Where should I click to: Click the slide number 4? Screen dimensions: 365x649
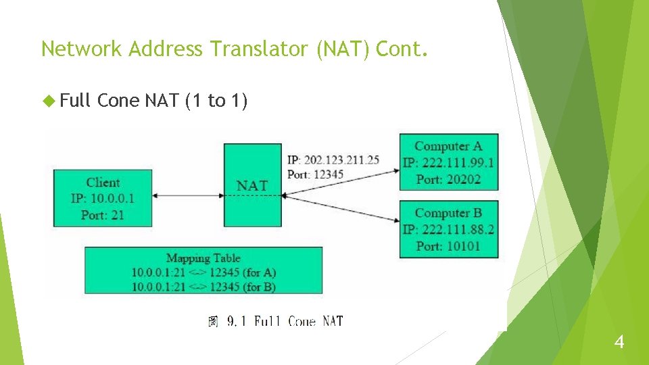(619, 343)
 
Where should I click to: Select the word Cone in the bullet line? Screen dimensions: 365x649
(118, 101)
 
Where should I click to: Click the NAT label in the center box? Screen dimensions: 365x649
(252, 185)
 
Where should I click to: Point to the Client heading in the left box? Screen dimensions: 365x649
(103, 182)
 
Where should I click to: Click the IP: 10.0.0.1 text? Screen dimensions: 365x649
(103, 199)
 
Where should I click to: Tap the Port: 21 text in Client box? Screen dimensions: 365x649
(103, 215)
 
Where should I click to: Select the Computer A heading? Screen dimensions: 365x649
(448, 146)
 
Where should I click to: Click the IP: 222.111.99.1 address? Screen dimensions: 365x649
(448, 163)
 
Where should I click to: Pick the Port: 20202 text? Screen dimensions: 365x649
(448, 179)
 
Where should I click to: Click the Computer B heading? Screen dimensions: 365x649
(448, 213)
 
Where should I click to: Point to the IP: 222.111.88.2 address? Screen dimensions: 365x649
(448, 230)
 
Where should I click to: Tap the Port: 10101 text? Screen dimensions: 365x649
(448, 246)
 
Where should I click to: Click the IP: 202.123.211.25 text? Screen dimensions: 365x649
(333, 160)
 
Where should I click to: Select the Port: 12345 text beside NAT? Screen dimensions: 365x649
(315, 174)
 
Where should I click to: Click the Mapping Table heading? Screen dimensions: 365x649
(203, 258)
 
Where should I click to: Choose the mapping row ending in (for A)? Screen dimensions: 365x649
(203, 272)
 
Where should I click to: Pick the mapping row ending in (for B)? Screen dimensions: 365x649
(203, 286)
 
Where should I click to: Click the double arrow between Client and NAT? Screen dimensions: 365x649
(188, 196)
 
